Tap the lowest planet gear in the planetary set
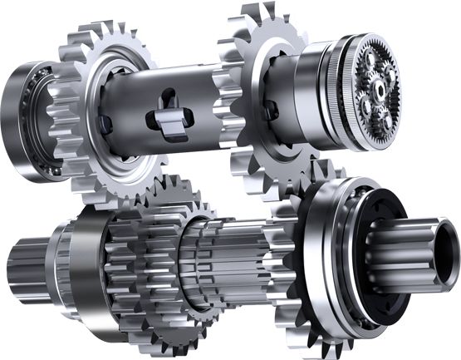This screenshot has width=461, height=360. tap(384, 121)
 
